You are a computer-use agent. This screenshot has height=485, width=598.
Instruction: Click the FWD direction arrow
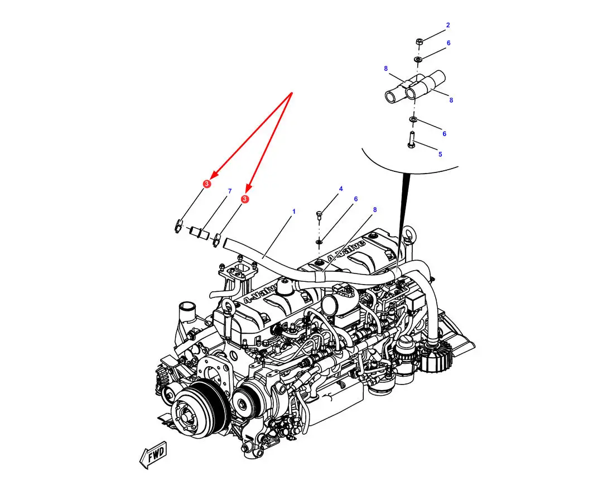(x=153, y=455)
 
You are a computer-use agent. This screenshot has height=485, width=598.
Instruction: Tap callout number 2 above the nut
(x=448, y=25)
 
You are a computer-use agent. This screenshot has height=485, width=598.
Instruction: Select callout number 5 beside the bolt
(x=440, y=154)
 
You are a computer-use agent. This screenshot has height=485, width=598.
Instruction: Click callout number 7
(x=230, y=191)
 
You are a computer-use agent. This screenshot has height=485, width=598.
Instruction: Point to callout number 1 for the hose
(x=293, y=211)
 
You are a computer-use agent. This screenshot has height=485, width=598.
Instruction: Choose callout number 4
(x=341, y=189)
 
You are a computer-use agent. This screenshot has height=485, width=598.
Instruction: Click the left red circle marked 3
(x=207, y=184)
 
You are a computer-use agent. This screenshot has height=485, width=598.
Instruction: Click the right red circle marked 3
(x=245, y=199)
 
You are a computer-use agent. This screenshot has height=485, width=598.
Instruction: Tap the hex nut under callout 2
(x=418, y=41)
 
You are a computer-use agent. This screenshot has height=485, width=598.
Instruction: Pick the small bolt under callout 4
(x=320, y=214)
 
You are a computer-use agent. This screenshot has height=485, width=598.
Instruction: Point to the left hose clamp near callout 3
(x=179, y=226)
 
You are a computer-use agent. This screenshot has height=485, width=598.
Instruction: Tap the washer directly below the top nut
(x=418, y=59)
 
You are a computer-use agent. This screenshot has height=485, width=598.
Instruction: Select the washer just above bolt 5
(x=413, y=120)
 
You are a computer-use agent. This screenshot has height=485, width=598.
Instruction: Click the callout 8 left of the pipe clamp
(x=386, y=68)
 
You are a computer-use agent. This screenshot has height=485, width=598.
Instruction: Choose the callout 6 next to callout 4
(x=356, y=199)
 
